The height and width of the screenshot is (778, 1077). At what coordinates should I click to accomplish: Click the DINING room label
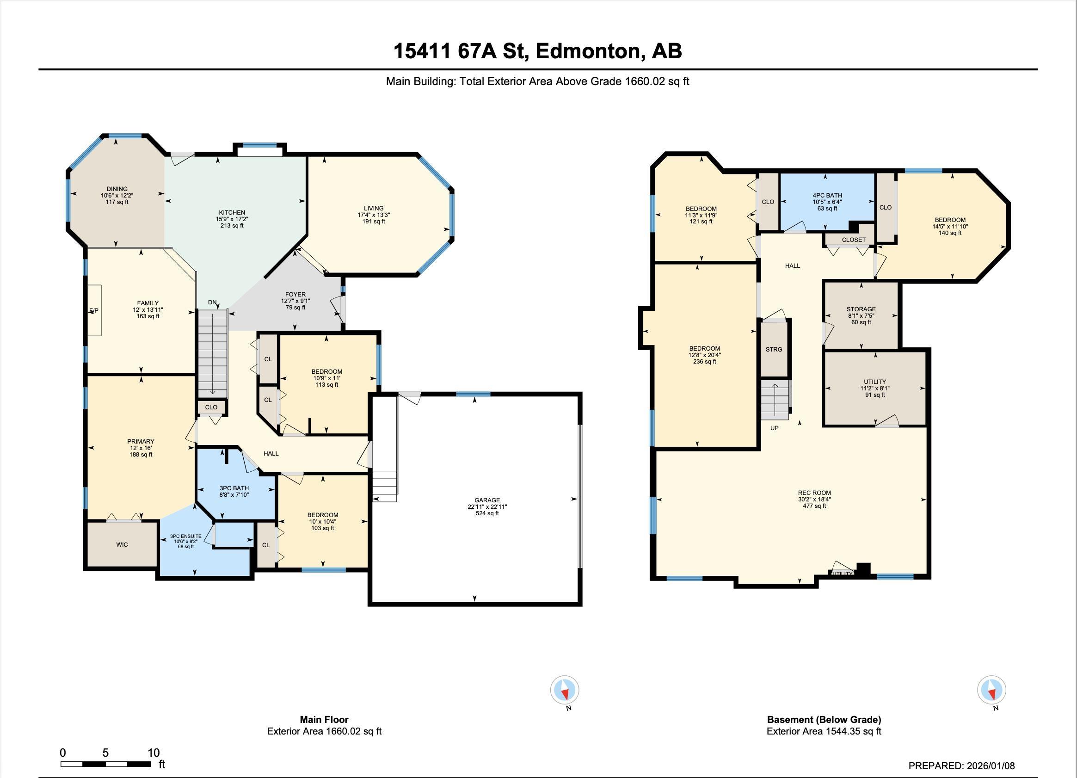(x=117, y=189)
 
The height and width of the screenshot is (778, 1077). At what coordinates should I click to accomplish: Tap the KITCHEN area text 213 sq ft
(x=232, y=226)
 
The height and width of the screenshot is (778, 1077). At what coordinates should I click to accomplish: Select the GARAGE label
(x=487, y=500)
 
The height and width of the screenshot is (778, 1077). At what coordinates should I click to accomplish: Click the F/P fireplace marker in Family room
(x=94, y=311)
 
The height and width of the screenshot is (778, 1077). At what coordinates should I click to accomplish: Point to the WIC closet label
(x=122, y=544)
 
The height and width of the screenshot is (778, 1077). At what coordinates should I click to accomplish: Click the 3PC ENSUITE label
(x=186, y=536)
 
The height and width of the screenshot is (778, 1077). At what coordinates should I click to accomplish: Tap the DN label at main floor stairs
(x=212, y=302)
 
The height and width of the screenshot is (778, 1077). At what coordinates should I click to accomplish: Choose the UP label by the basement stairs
(x=775, y=428)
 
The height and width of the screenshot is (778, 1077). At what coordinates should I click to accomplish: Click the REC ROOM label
(x=814, y=493)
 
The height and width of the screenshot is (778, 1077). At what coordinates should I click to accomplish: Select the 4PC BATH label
(x=827, y=195)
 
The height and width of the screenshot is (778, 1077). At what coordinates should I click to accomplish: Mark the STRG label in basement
(x=774, y=349)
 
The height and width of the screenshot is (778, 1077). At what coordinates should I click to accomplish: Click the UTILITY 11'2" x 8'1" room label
(x=875, y=382)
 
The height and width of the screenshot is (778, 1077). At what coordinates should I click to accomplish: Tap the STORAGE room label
(x=861, y=309)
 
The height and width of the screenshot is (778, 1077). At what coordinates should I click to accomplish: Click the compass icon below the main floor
(x=565, y=690)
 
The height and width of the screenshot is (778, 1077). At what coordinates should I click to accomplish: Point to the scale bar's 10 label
(x=154, y=753)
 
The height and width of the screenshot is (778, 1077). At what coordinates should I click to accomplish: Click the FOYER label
(x=295, y=294)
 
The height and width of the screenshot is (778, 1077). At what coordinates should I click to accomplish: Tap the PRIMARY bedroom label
(x=141, y=441)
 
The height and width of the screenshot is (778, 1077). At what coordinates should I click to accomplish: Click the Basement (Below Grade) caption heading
(x=824, y=720)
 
